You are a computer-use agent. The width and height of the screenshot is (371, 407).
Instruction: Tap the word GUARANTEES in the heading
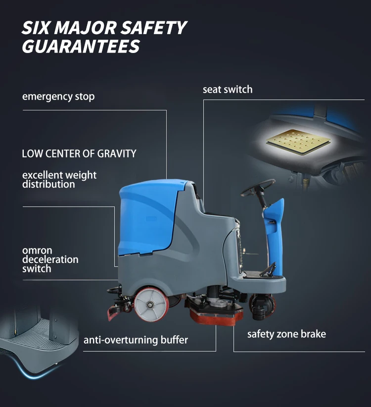pyautogui.click(x=81, y=47)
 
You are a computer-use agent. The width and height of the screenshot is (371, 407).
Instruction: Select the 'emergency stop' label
pyautogui.click(x=58, y=97)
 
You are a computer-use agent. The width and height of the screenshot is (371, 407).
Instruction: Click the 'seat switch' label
pyautogui.click(x=228, y=90)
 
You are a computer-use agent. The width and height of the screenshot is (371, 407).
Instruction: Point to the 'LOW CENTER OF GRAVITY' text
pyautogui.click(x=79, y=153)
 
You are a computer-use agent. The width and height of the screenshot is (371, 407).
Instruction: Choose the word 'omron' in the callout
pyautogui.click(x=37, y=251)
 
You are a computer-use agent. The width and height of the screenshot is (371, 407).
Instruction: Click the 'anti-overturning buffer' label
pyautogui.click(x=136, y=340)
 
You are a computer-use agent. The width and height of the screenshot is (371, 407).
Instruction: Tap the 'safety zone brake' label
pyautogui.click(x=286, y=334)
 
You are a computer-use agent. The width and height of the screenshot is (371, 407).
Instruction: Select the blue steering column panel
pyautogui.click(x=275, y=238)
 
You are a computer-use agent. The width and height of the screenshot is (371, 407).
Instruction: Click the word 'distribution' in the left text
pyautogui.click(x=48, y=184)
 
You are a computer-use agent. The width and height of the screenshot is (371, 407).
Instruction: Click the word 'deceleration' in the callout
pyautogui.click(x=50, y=259)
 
